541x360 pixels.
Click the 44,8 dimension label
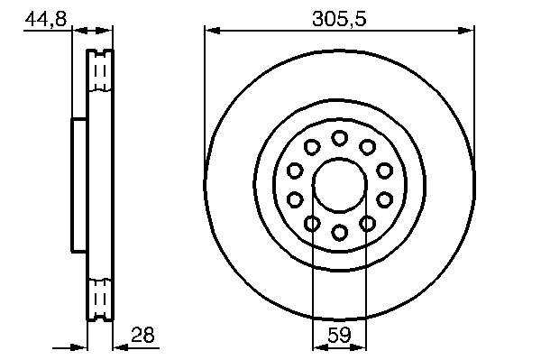point(46,19)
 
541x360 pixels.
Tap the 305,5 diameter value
point(339,19)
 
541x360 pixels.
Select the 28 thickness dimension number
point(142,334)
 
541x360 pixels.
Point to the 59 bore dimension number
point(339,334)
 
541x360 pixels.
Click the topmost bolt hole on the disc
point(340,138)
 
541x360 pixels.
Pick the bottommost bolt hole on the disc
point(340,232)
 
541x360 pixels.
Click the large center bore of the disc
point(340,185)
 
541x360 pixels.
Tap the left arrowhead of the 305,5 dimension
point(212,31)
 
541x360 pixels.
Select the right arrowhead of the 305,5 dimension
point(466,31)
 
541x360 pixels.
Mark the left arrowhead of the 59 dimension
point(320,347)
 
